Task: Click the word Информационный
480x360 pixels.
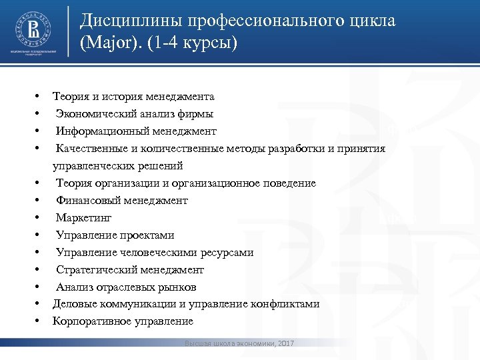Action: [100, 131]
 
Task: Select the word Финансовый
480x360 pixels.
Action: [85, 200]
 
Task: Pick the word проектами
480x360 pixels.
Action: [147, 235]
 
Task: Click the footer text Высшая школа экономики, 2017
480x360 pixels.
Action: [240, 343]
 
